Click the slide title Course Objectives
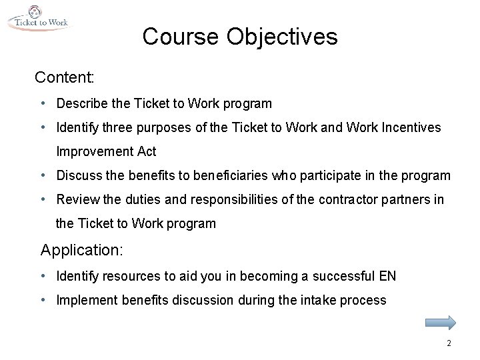239,37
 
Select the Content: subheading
65,77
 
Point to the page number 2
449,343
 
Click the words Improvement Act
106,151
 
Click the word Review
77,199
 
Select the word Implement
85,300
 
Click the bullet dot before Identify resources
43,275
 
